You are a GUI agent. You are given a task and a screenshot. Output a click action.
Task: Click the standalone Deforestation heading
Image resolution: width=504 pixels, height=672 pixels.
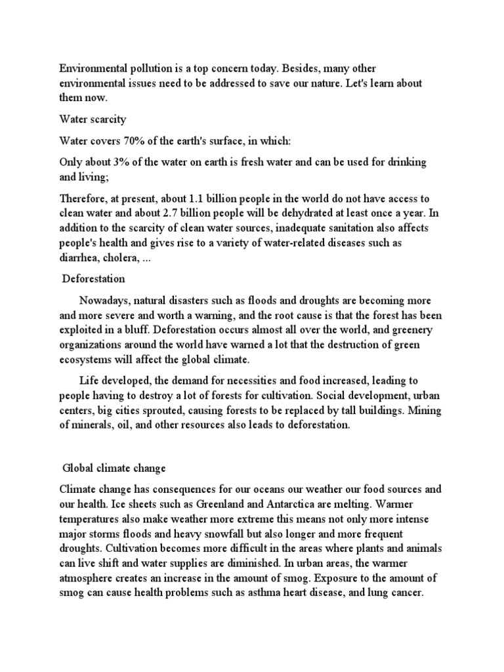93,279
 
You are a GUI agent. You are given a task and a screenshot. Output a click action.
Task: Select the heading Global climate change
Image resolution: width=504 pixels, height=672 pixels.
114,469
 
